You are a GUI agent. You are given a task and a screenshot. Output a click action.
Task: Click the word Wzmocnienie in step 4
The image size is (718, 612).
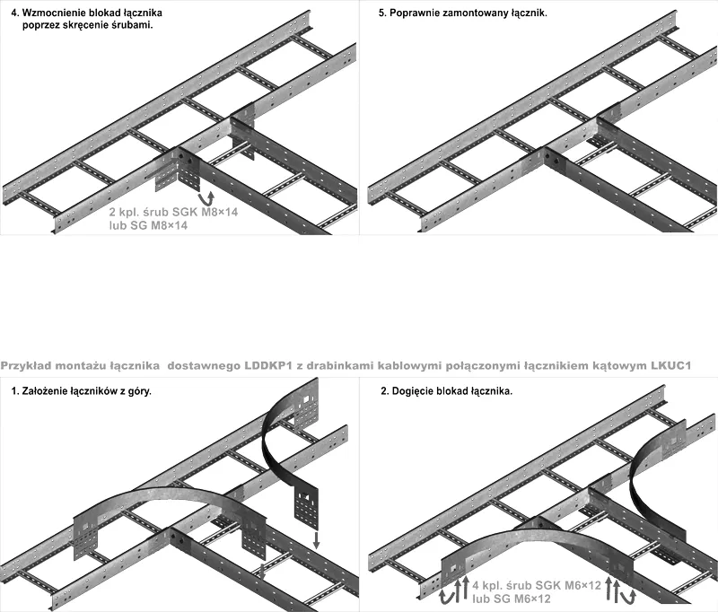click(x=55, y=15)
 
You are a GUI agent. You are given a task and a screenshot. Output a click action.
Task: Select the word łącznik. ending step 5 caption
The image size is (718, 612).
click(x=525, y=15)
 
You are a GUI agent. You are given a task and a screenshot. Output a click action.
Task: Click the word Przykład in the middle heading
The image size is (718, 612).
click(x=27, y=366)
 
